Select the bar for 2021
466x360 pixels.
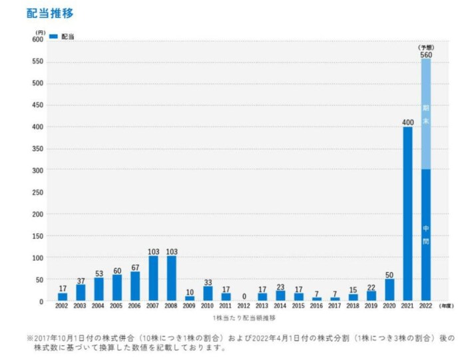(x=407, y=214)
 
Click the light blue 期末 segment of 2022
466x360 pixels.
(x=425, y=114)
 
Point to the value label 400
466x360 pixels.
(x=407, y=122)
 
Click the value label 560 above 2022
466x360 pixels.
(x=426, y=55)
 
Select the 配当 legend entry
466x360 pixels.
(x=63, y=36)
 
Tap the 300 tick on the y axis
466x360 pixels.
(x=37, y=170)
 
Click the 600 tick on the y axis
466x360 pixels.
(x=37, y=39)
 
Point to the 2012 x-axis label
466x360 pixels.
(x=244, y=307)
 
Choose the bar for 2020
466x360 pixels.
(x=389, y=290)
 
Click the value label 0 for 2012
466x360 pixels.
(x=244, y=296)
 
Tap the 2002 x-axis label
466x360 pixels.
(x=62, y=307)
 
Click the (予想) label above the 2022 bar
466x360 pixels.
(x=426, y=47)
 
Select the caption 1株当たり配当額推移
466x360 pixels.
(x=243, y=319)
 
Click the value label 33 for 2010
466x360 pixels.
(x=208, y=282)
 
